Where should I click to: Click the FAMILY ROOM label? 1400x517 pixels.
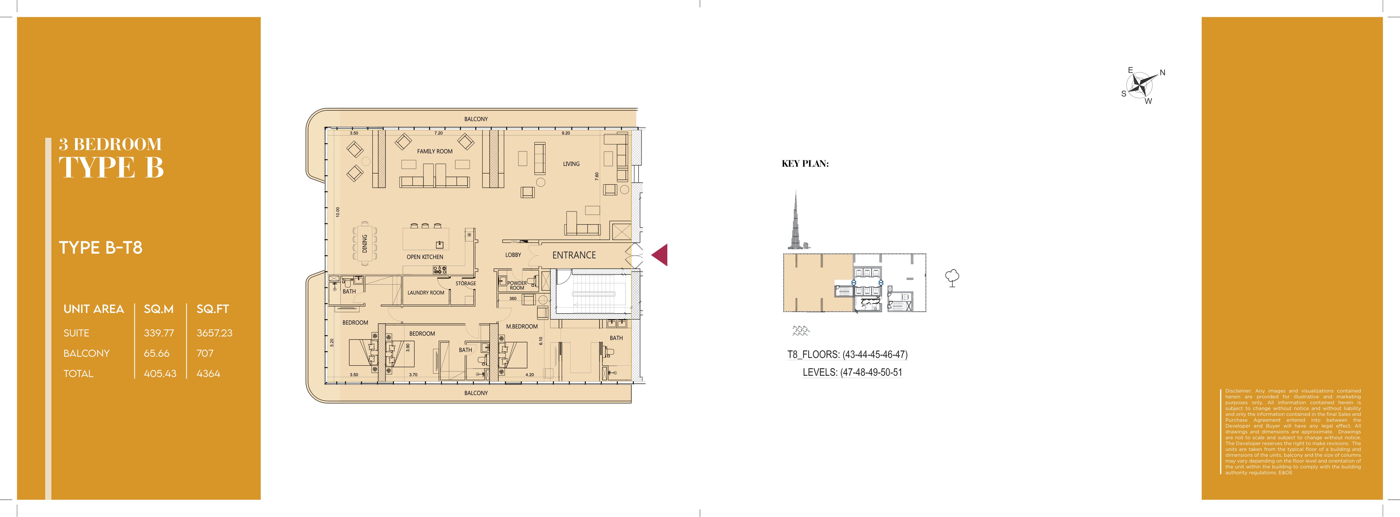[435, 152]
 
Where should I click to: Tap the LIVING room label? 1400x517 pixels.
[571, 164]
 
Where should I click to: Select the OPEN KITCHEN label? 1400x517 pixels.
[425, 257]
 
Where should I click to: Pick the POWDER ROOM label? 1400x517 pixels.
[517, 285]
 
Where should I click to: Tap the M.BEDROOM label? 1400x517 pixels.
[522, 326]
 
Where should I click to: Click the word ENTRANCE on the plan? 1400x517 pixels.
[574, 255]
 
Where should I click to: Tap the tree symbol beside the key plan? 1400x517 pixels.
[952, 278]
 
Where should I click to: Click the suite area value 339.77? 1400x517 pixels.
[159, 333]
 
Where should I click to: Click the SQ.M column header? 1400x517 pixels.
[159, 309]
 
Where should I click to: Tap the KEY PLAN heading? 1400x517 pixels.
[805, 163]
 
